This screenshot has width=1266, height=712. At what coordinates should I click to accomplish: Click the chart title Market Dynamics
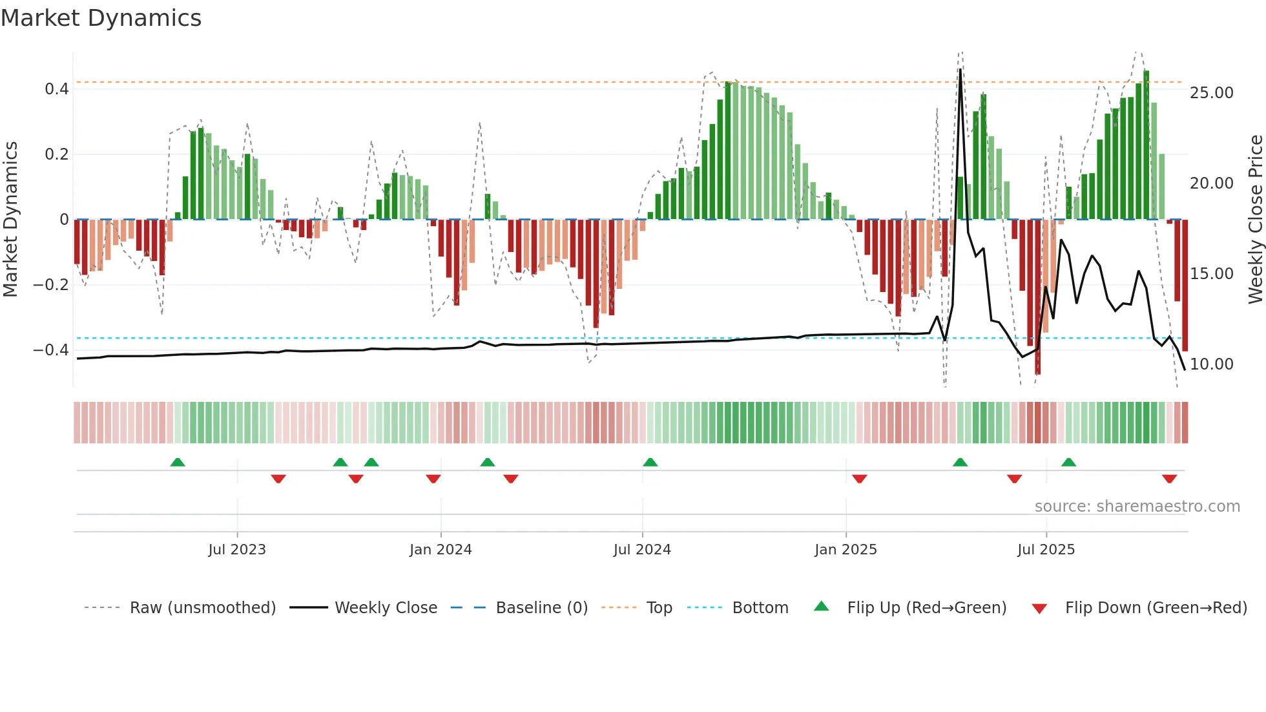coord(101,18)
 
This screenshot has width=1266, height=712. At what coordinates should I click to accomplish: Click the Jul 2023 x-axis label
coord(237,550)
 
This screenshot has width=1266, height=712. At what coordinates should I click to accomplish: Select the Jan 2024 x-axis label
coord(441,550)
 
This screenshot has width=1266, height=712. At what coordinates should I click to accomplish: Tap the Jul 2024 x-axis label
coord(642,550)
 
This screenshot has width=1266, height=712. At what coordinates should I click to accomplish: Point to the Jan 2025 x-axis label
coord(846,550)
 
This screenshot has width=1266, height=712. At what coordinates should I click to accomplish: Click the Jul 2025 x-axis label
coord(1046,550)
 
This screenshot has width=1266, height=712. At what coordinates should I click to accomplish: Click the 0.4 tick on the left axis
coord(57,89)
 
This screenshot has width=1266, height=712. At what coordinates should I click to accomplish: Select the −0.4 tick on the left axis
coord(51,350)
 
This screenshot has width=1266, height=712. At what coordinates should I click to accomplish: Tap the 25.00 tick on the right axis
coord(1212,93)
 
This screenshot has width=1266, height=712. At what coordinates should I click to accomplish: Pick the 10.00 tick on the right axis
coord(1212,364)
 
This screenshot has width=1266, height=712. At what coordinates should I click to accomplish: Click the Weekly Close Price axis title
coord(1255,220)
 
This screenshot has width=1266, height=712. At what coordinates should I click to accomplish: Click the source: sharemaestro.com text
coord(1137,507)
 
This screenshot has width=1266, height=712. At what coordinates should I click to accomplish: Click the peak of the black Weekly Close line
coord(960,70)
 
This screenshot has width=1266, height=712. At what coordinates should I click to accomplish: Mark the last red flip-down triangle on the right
coord(1169,479)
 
